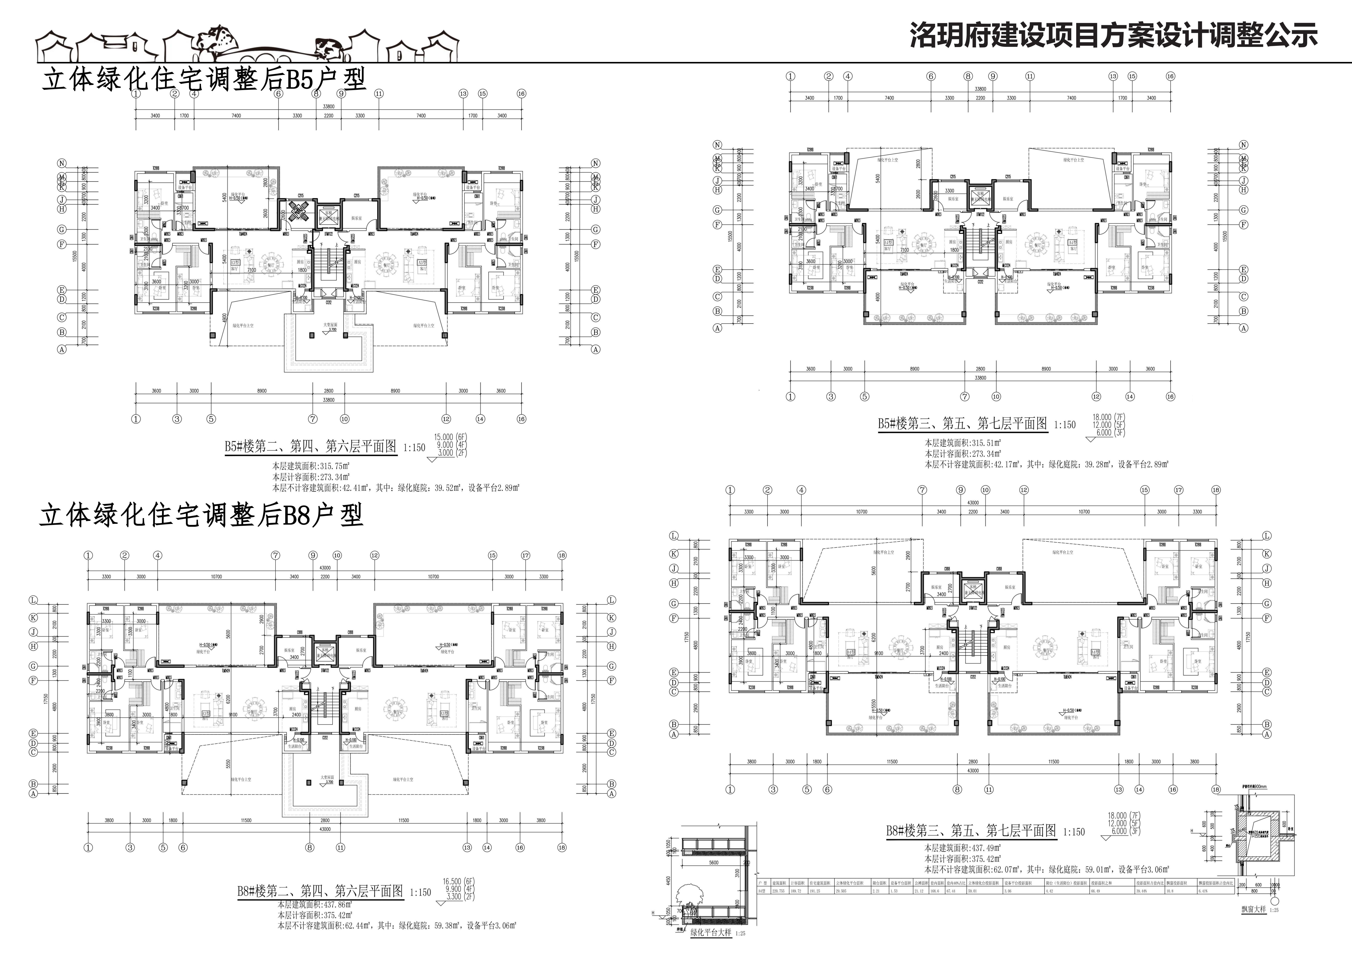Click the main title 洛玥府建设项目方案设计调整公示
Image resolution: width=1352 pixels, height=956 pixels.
tap(1113, 35)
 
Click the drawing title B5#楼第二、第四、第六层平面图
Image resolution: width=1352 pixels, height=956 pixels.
tap(311, 446)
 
